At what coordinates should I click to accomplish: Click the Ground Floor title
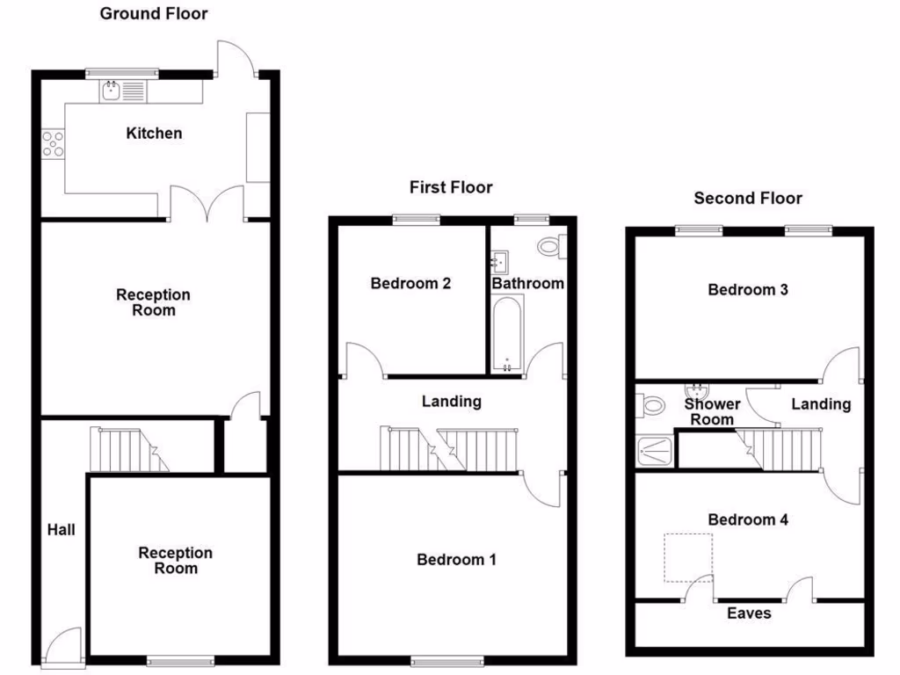coord(154,13)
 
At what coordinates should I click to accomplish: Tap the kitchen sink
coord(122,90)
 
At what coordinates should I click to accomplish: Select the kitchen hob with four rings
coord(53,142)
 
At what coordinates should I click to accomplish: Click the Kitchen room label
coord(155,134)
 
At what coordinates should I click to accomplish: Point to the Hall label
coord(62,530)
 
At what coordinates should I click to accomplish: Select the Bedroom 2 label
coord(410,284)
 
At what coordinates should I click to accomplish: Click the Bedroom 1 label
coord(456,560)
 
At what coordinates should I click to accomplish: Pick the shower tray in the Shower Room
coord(656,450)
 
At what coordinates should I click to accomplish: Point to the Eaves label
coord(749,613)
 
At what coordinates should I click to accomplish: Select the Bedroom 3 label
coord(748,290)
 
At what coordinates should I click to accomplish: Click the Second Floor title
coord(748,199)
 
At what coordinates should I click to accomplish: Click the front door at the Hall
coord(63,646)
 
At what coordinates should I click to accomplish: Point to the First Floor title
coord(451,187)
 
